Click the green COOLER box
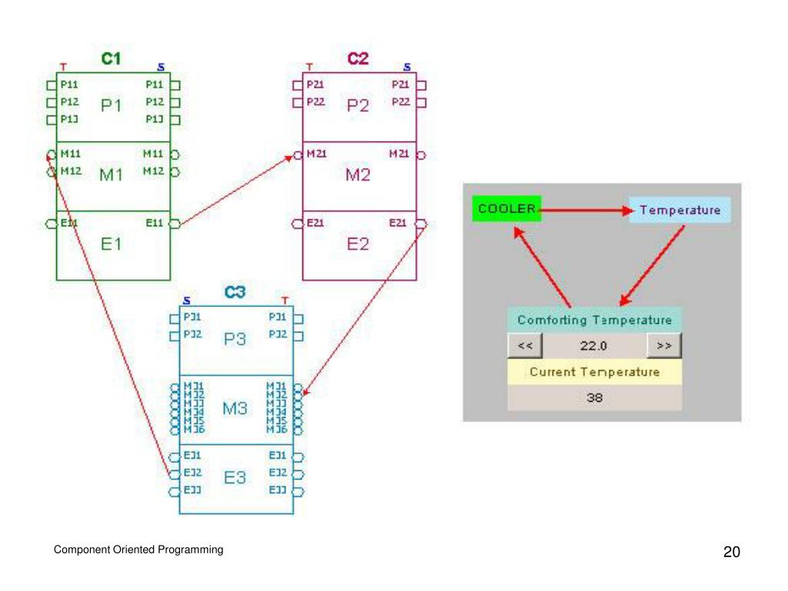coord(506,209)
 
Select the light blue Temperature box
coord(679,209)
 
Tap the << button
coord(526,346)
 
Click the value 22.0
coord(594,346)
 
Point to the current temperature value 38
coord(594,398)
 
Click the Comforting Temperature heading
coord(594,319)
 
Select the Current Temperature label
coord(594,372)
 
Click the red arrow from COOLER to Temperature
coord(585,209)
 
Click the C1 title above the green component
coord(111,58)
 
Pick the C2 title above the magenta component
coord(358,58)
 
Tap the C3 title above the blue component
coord(235,292)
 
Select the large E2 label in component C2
coord(358,245)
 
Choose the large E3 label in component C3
coord(235,478)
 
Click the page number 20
coord(731,552)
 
